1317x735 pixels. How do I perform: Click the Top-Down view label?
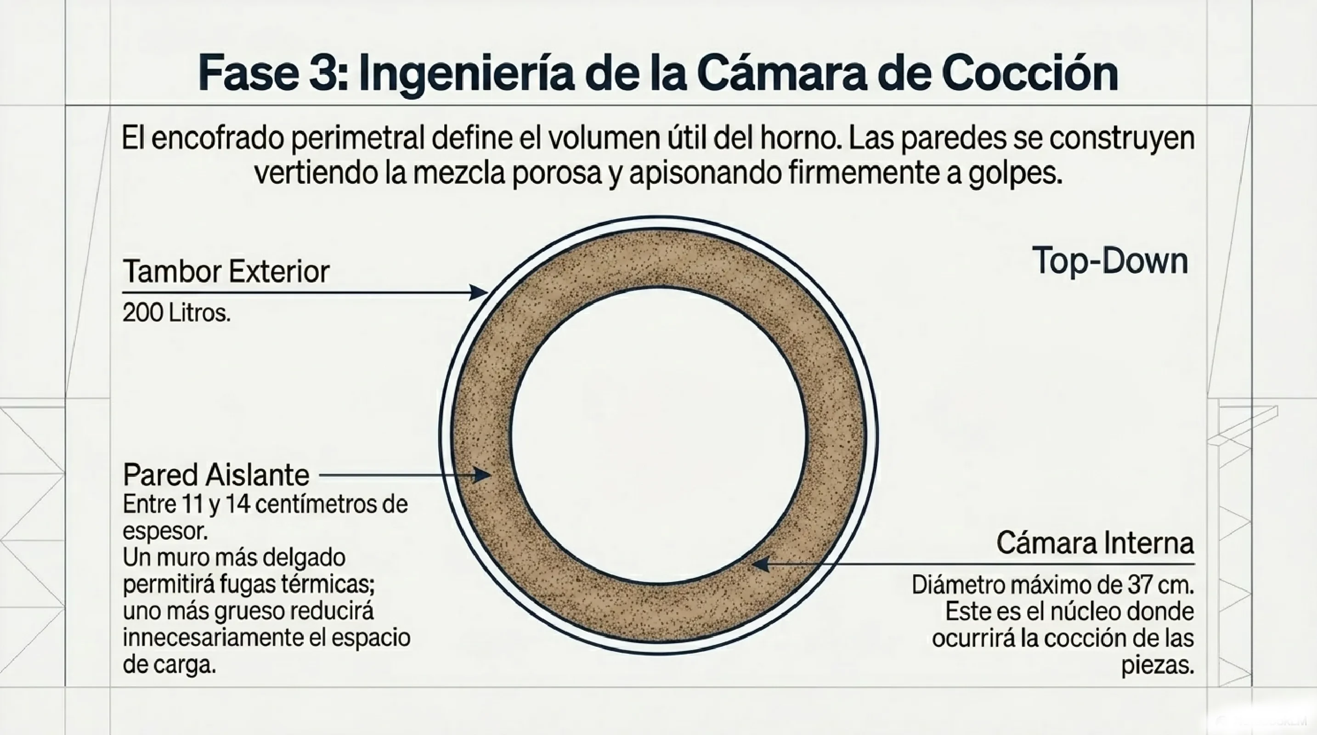pyautogui.click(x=1110, y=261)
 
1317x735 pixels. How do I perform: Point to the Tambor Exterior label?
pyautogui.click(x=226, y=271)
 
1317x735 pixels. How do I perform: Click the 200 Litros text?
pyautogui.click(x=176, y=312)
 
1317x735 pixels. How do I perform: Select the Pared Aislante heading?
pyautogui.click(x=216, y=475)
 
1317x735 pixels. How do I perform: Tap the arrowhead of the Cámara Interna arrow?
pyautogui.click(x=760, y=564)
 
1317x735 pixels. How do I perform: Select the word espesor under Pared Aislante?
pyautogui.click(x=164, y=532)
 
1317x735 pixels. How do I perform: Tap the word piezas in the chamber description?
pyautogui.click(x=1158, y=666)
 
